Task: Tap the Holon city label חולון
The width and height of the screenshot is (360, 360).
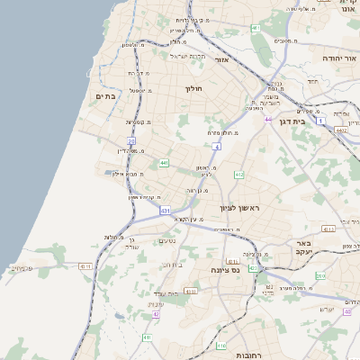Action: click(x=195, y=88)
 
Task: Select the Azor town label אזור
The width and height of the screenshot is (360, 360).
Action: click(x=223, y=59)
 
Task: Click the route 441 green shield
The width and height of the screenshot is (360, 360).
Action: click(x=164, y=163)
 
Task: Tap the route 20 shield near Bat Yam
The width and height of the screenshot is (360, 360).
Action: click(x=131, y=140)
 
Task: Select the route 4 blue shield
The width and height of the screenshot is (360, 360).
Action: click(x=217, y=146)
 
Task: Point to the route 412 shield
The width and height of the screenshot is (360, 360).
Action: click(x=238, y=174)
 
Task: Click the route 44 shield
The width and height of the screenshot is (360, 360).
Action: click(x=267, y=118)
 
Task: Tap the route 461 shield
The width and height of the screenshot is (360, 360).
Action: click(x=256, y=29)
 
